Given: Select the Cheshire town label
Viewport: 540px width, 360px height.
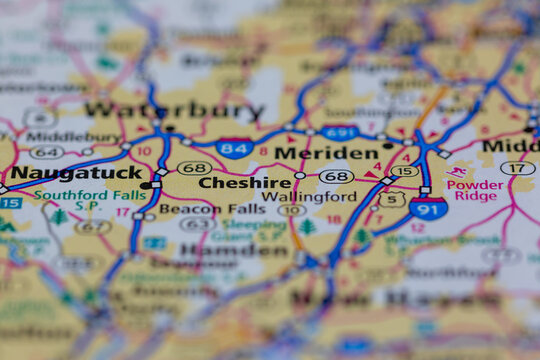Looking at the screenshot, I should (x=245, y=183).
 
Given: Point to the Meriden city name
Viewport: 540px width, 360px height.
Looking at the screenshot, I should (x=326, y=153).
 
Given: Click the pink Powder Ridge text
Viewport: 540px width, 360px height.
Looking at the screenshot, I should (x=476, y=190).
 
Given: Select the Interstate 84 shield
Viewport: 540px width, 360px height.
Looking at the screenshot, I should (x=233, y=149).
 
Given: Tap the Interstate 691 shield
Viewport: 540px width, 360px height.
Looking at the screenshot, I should (x=341, y=132).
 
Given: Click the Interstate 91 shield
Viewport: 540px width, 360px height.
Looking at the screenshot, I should (x=428, y=207).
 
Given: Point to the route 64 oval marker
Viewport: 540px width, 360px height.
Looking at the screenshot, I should (x=46, y=152).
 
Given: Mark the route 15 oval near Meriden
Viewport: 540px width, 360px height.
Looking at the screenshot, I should (x=404, y=171).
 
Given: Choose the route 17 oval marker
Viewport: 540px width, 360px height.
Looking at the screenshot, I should (x=516, y=167).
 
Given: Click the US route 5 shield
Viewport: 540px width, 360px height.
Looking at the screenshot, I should (x=391, y=199).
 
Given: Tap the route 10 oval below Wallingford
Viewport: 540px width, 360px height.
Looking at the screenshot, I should (x=291, y=210).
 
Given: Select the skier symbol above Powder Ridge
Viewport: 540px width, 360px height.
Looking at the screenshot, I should (x=457, y=171).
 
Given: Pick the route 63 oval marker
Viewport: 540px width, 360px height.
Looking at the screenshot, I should (x=196, y=224).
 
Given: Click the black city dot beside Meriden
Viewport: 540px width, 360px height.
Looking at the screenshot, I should (x=387, y=145).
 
